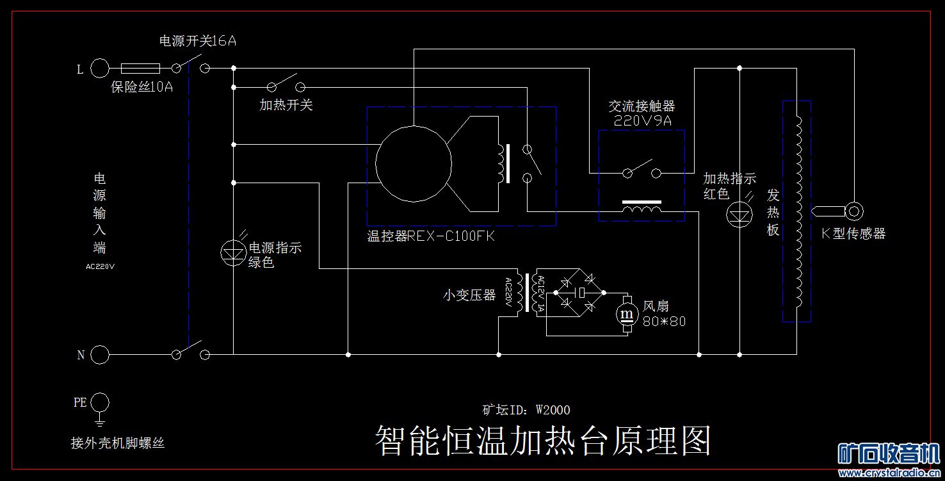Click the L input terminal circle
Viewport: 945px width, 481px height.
pyautogui.click(x=100, y=68)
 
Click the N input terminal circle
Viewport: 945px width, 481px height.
pyautogui.click(x=100, y=354)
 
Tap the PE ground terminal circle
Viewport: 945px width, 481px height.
pyautogui.click(x=100, y=403)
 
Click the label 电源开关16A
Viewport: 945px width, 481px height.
pyautogui.click(x=198, y=42)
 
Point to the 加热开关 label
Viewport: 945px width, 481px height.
pyautogui.click(x=286, y=105)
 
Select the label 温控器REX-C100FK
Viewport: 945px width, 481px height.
pyautogui.click(x=431, y=236)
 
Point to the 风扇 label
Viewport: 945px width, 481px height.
pyautogui.click(x=656, y=307)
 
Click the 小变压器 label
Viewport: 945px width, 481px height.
pyautogui.click(x=469, y=296)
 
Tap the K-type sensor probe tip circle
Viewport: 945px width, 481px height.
pyautogui.click(x=853, y=210)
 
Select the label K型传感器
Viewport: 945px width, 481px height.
pyautogui.click(x=853, y=234)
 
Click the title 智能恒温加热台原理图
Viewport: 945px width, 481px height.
pyautogui.click(x=543, y=441)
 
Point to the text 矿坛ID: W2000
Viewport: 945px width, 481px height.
pyautogui.click(x=526, y=410)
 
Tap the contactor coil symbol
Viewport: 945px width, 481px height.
pyautogui.click(x=642, y=209)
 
